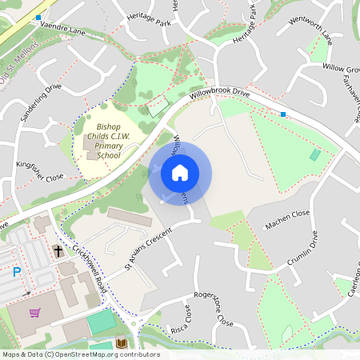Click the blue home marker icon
pos(180,172)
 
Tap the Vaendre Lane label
pos(62,28)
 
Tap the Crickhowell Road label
pos(87,266)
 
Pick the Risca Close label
pos(186,319)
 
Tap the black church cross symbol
pos(58,251)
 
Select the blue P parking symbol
pos(17,273)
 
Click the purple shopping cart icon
pos(34,313)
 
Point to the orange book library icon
pos(122,343)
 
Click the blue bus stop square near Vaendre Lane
pos(38,17)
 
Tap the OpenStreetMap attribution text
pos(80,354)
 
